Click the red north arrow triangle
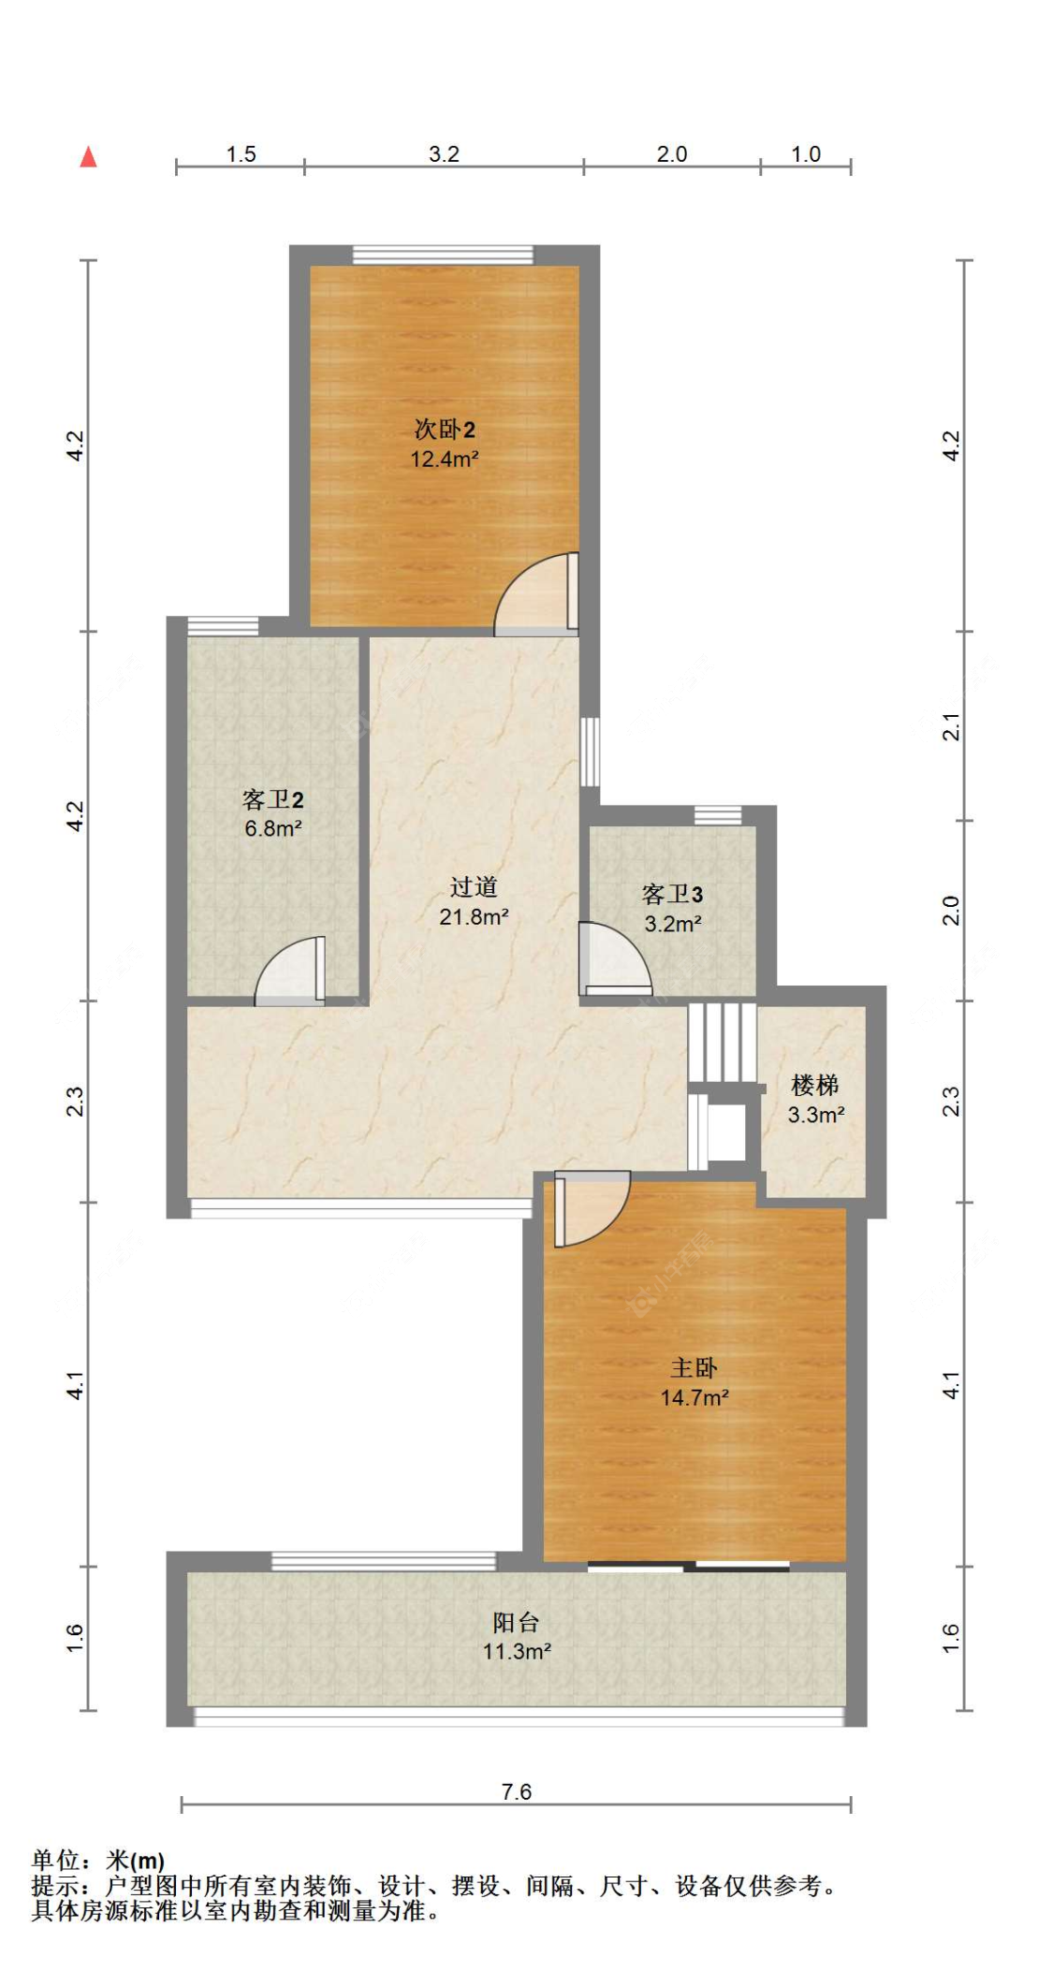click(88, 156)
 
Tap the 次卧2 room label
click(445, 430)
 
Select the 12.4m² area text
click(445, 459)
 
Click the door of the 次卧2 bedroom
click(536, 592)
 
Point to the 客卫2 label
click(272, 799)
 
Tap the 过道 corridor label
click(474, 886)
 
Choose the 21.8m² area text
click(474, 917)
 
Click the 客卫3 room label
click(672, 894)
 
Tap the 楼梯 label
click(815, 1085)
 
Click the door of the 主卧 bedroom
click(592, 1208)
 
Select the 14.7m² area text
click(695, 1397)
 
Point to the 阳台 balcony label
click(516, 1622)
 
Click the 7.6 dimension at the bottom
click(516, 1791)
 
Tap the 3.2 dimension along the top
click(444, 154)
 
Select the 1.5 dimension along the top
click(241, 154)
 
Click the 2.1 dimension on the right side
click(951, 726)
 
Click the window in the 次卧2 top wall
click(443, 255)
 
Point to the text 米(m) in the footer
click(136, 1861)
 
